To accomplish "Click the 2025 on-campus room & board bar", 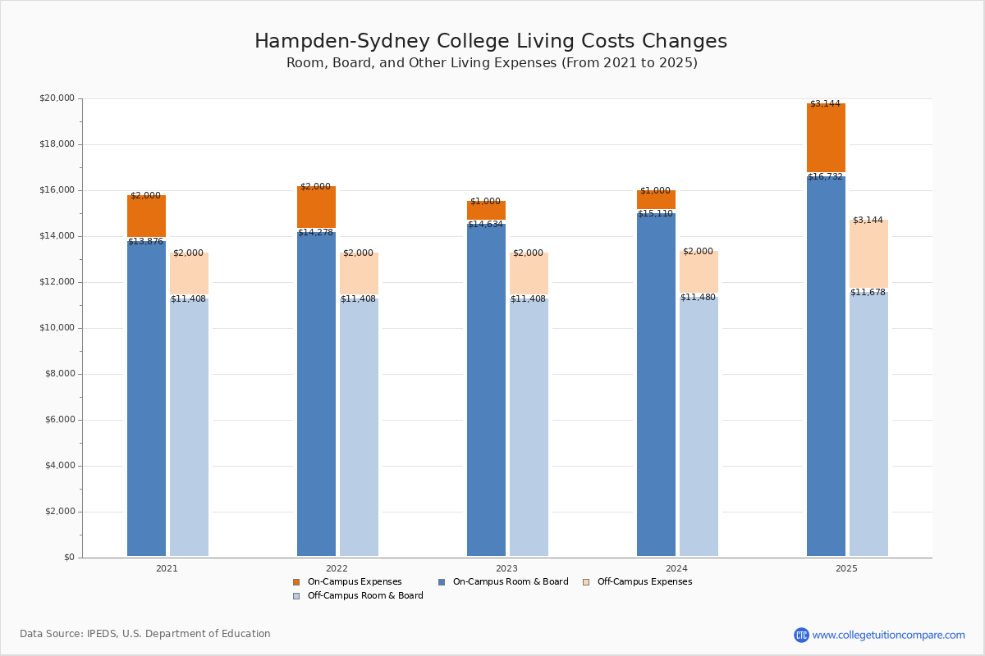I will pyautogui.click(x=826, y=369).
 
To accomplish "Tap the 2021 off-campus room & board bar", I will pyautogui.click(x=189, y=426).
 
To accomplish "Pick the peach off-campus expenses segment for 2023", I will pyautogui.click(x=529, y=275).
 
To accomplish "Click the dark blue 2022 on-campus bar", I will pyautogui.click(x=316, y=394).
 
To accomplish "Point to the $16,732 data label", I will pyautogui.click(x=825, y=176).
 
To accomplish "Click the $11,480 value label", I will pyautogui.click(x=698, y=297).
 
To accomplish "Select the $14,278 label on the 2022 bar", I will pyautogui.click(x=315, y=232).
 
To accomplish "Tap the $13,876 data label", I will pyautogui.click(x=145, y=241).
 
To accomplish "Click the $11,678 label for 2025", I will pyautogui.click(x=868, y=292).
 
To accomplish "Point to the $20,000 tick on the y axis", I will pyautogui.click(x=57, y=98).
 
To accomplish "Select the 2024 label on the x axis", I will pyautogui.click(x=676, y=568).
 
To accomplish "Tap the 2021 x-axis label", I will pyautogui.click(x=167, y=568).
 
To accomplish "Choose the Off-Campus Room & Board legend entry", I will pyautogui.click(x=364, y=596).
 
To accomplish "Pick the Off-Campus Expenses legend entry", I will pyautogui.click(x=644, y=582).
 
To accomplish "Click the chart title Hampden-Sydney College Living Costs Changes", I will pyautogui.click(x=491, y=41).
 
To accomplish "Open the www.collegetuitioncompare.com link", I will pyautogui.click(x=888, y=635).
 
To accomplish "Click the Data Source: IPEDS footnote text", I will pyautogui.click(x=145, y=634).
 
